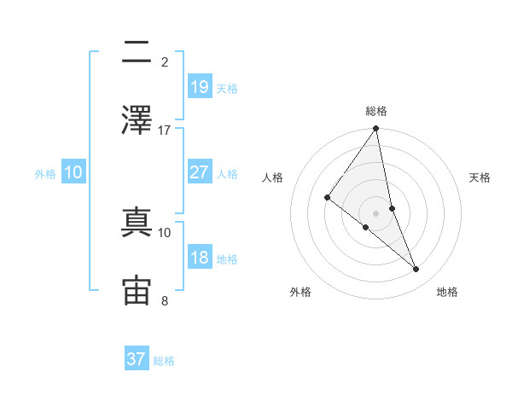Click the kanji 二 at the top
(x=137, y=53)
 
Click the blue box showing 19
(x=199, y=87)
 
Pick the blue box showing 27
(x=199, y=172)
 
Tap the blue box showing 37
(x=137, y=359)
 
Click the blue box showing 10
(x=73, y=172)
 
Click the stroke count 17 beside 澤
(x=165, y=131)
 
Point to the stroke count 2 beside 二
(x=165, y=62)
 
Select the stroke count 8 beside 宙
(x=165, y=300)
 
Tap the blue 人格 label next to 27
(x=227, y=173)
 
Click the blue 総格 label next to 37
(x=164, y=360)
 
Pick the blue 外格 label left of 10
(x=45, y=173)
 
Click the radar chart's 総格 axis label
(x=376, y=111)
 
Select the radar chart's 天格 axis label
(x=480, y=177)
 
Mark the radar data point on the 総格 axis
(x=376, y=130)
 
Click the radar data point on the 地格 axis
(x=416, y=269)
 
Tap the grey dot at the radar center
(x=376, y=212)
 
